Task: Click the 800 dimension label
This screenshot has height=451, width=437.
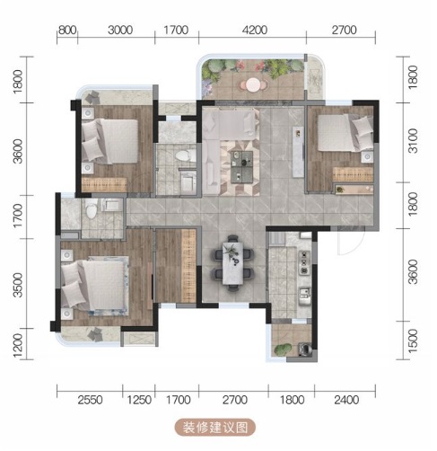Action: tap(67, 31)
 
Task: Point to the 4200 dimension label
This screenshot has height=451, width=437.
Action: tap(255, 30)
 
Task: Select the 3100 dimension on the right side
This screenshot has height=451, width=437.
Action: tap(413, 141)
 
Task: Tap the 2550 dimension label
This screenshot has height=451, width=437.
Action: tap(90, 400)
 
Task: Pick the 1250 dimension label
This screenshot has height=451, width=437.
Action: tap(139, 400)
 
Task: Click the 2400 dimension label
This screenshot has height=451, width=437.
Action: tap(346, 400)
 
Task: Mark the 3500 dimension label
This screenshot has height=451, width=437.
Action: tap(18, 285)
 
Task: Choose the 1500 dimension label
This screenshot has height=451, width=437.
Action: tap(413, 341)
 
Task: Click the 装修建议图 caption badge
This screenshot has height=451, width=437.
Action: tap(215, 428)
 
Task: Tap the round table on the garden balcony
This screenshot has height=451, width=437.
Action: tap(253, 84)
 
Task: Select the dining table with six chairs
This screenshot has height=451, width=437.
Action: tap(232, 263)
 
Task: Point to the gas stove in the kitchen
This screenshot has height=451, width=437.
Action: tap(304, 262)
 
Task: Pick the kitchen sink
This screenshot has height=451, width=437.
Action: tap(304, 296)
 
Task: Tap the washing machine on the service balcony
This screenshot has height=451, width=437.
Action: tap(305, 349)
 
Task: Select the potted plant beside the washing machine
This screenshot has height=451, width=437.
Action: tap(283, 349)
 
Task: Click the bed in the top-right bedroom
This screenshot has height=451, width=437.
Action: tap(345, 133)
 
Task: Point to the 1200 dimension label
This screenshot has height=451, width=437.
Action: tap(18, 346)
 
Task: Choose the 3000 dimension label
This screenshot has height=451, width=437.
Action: tap(120, 31)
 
